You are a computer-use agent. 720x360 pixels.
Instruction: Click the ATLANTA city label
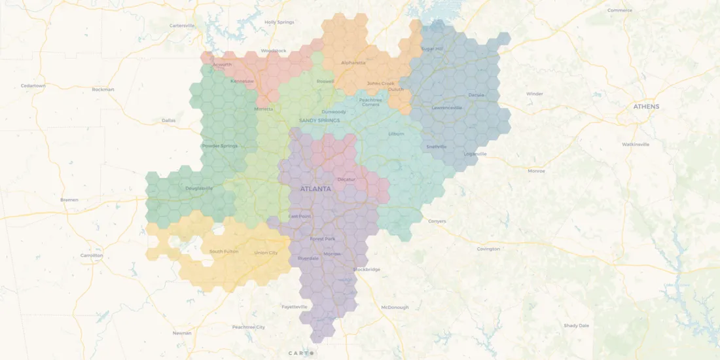315,189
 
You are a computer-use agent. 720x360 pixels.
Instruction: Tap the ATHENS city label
646,106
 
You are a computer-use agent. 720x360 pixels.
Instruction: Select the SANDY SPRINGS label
319,120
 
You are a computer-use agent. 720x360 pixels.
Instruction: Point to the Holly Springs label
279,22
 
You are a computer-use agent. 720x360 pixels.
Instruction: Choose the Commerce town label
619,10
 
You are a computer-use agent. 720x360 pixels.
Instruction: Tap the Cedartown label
33,86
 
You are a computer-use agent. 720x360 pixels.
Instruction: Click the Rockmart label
103,89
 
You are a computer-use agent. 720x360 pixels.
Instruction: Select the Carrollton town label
92,255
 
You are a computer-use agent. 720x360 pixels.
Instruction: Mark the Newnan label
182,333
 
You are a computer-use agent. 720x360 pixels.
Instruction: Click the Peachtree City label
249,327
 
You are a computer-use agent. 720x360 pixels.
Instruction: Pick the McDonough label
395,307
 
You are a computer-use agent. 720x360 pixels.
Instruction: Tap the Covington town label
488,249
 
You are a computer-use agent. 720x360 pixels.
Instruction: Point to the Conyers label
437,221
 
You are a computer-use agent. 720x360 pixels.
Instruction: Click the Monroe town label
535,171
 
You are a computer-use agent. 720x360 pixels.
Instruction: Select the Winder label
535,94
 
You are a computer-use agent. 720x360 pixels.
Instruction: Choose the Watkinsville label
636,144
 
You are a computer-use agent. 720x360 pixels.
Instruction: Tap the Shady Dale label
576,325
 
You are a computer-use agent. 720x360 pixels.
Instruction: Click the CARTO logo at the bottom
302,353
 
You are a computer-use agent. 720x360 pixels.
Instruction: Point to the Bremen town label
69,200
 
